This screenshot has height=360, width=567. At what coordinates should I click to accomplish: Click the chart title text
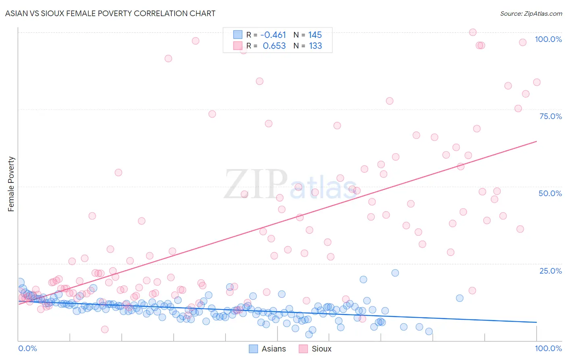tap(110, 13)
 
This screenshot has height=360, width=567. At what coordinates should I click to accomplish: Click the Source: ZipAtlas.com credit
tap(531, 13)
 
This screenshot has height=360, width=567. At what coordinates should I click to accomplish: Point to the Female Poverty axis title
tap(11, 184)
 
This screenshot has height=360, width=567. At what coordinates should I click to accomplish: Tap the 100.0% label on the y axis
tap(548, 39)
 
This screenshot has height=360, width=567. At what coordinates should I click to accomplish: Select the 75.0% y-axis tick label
tap(550, 116)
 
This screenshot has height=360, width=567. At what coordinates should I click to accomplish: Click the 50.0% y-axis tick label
tap(550, 193)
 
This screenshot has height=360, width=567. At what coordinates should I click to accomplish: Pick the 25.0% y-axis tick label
tap(550, 271)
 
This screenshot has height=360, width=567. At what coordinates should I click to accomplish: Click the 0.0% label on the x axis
tap(27, 348)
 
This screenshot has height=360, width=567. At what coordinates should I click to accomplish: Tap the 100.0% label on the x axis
tap(548, 348)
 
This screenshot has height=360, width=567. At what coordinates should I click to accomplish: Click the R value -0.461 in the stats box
tap(273, 35)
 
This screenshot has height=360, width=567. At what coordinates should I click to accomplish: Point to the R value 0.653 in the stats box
tap(274, 46)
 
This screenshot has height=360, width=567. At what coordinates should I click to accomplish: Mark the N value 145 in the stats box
tap(315, 35)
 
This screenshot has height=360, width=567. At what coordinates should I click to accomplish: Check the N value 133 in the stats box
tap(315, 46)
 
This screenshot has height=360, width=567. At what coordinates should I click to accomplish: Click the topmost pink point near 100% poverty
tap(473, 32)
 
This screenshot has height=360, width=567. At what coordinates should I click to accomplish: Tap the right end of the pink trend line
tap(536, 141)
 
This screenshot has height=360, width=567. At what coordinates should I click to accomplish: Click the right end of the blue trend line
tap(536, 322)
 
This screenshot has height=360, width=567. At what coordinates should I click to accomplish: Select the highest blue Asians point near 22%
tap(395, 273)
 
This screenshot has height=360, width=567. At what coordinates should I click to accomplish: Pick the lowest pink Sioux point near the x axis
tap(105, 329)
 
